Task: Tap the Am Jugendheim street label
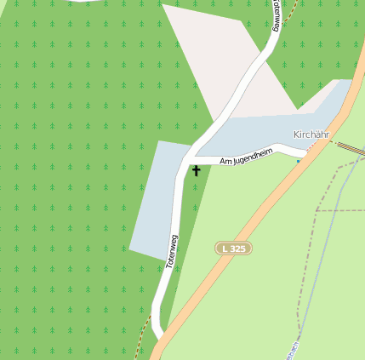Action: coord(245,157)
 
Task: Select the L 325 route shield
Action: coord(232,248)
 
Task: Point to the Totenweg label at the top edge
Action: coord(277,15)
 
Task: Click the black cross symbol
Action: coord(197,170)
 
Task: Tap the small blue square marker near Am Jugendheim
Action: coord(299,160)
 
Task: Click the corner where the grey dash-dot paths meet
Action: coord(317,209)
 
